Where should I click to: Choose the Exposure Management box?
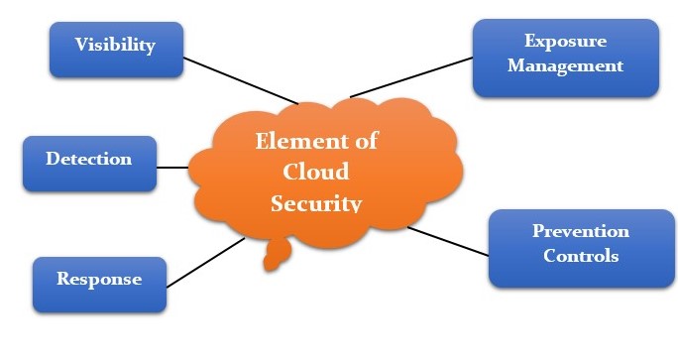[565, 57]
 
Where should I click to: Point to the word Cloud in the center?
[316, 172]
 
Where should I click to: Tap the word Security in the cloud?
[316, 202]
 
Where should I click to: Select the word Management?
[565, 66]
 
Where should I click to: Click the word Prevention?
[581, 232]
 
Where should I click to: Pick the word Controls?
[581, 256]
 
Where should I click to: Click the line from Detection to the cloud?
[172, 168]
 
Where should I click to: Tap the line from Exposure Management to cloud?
[411, 76]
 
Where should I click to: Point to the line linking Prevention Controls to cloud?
[448, 241]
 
